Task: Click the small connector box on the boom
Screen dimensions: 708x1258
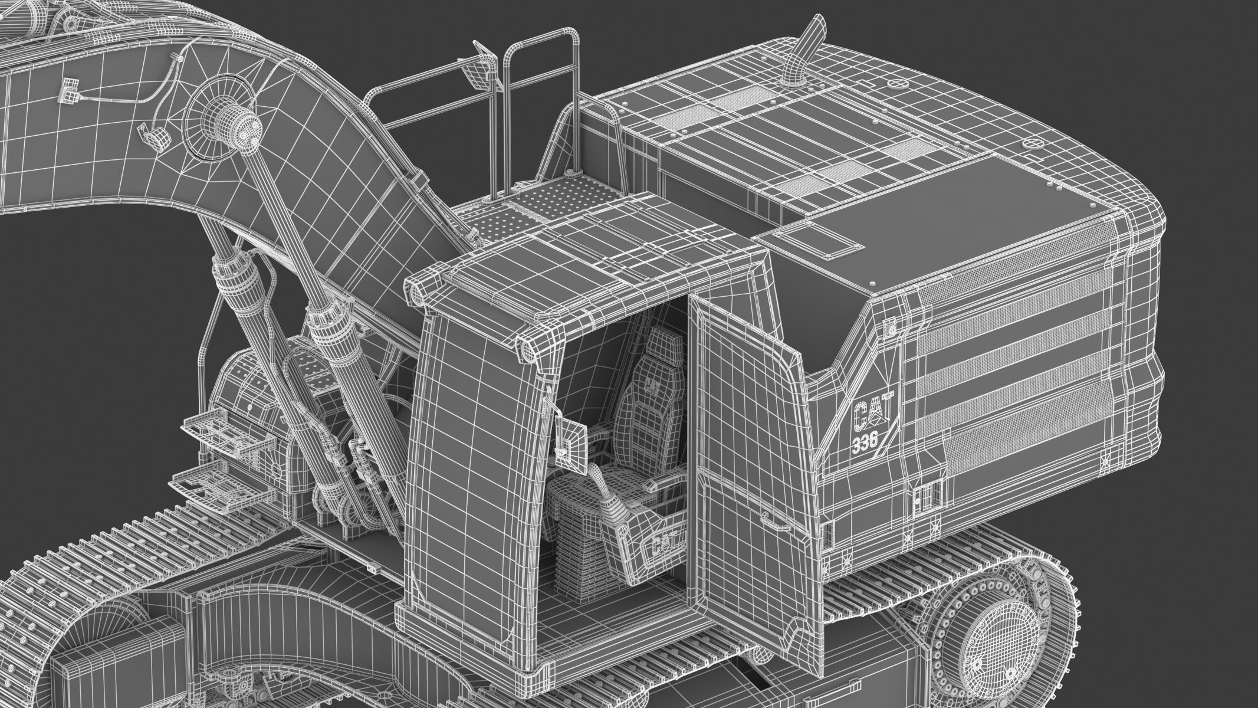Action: pyautogui.click(x=70, y=89)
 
